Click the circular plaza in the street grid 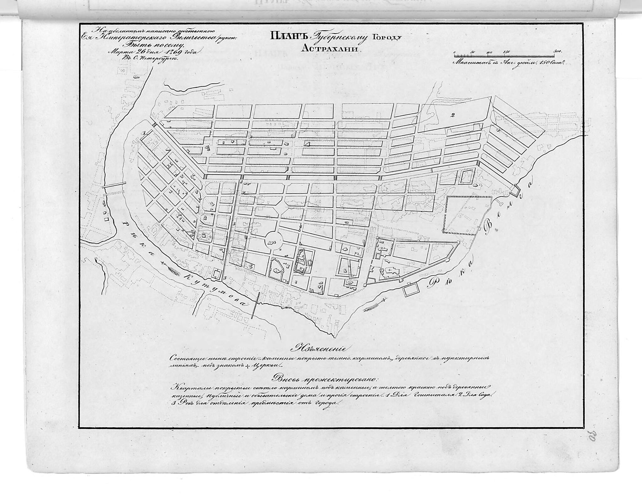(x=272, y=241)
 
